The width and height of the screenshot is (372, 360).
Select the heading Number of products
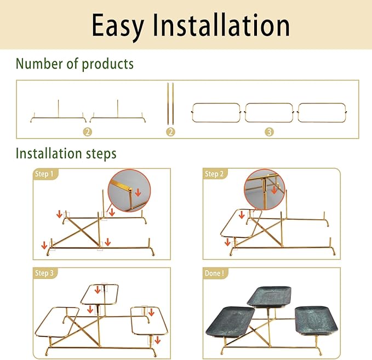[x=75, y=64]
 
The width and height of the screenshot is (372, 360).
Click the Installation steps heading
[x=66, y=153]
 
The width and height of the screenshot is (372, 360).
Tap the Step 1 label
[x=44, y=174]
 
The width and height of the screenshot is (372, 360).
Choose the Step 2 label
[x=214, y=174]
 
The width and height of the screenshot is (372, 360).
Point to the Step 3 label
[x=44, y=273]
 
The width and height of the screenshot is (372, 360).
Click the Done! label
[x=214, y=273]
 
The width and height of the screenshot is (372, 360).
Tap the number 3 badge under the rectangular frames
[x=269, y=132]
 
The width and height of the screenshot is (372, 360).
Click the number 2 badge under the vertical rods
[x=170, y=132]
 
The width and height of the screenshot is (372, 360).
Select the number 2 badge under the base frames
[x=88, y=132]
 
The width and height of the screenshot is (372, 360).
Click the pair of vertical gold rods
[x=170, y=104]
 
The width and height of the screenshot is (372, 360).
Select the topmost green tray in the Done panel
[x=269, y=296]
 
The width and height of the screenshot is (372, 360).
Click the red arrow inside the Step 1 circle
[x=138, y=192]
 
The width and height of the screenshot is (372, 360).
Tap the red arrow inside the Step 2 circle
[x=274, y=190]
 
